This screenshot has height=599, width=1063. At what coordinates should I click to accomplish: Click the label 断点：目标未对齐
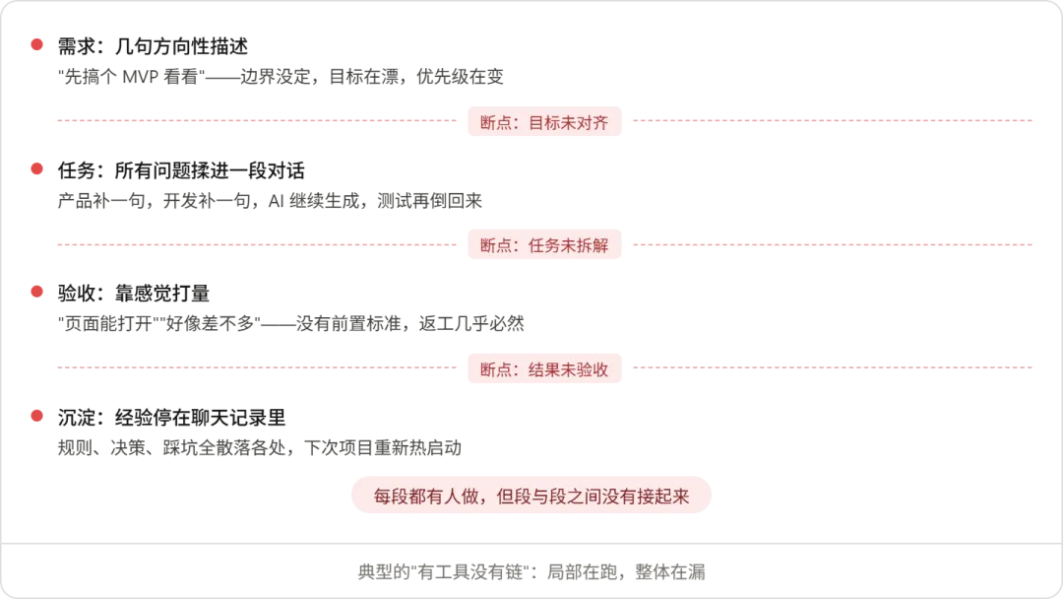click(543, 123)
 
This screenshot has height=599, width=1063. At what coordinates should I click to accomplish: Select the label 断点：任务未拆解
click(543, 245)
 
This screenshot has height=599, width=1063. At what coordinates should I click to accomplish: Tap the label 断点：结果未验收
click(543, 370)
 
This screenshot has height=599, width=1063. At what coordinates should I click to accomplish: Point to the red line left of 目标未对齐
click(256, 121)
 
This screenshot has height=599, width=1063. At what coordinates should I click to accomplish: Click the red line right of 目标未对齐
click(834, 121)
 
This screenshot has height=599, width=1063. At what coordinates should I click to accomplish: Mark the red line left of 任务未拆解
click(256, 243)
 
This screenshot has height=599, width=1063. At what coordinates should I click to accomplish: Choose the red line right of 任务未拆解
click(834, 243)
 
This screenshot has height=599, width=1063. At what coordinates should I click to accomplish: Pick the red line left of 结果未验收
click(256, 366)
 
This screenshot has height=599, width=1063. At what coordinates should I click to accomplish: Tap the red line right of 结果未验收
click(834, 366)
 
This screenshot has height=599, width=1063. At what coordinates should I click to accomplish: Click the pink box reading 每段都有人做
click(531, 497)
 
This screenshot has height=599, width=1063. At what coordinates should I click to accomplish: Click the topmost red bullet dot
click(37, 44)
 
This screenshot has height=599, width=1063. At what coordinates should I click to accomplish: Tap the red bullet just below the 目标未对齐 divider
click(37, 169)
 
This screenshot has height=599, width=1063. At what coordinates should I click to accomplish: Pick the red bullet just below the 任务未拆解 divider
click(37, 292)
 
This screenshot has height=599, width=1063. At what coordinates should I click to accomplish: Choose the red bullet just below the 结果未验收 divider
click(37, 415)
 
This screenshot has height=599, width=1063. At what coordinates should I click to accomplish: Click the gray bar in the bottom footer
click(531, 571)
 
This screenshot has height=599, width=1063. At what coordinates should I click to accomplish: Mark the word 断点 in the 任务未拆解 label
click(497, 245)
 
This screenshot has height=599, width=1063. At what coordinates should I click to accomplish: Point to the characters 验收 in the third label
click(593, 370)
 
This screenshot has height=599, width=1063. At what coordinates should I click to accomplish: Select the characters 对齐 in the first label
click(593, 123)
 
